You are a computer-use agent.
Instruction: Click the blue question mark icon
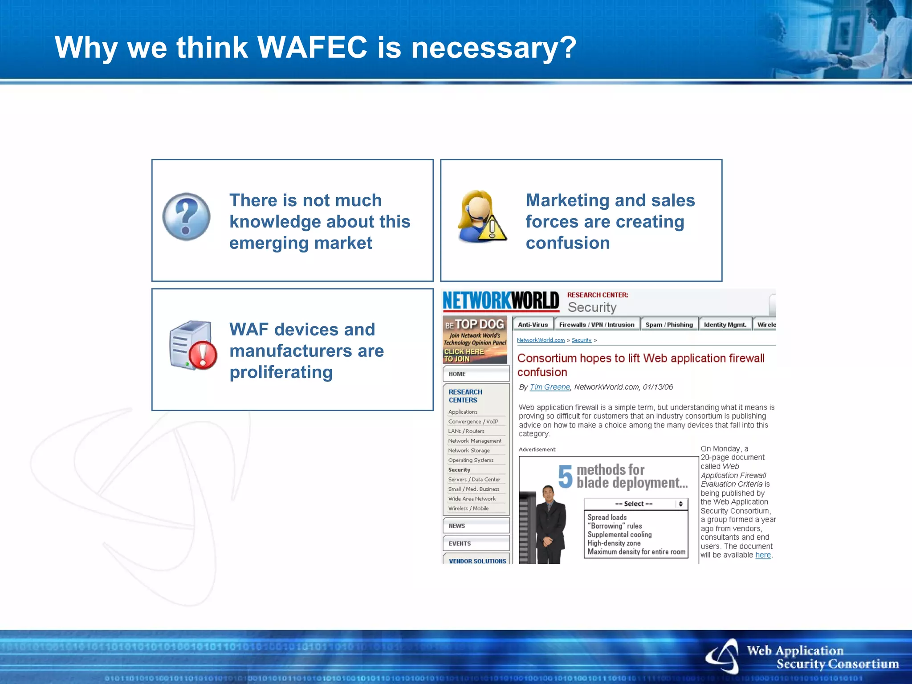[x=186, y=216]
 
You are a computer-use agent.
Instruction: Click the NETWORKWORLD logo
[x=501, y=301]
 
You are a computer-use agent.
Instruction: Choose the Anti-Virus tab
[x=533, y=325]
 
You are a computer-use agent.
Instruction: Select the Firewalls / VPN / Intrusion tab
[x=597, y=325]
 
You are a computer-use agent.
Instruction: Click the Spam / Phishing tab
[x=669, y=325]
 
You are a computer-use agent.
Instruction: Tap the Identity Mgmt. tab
[x=725, y=325]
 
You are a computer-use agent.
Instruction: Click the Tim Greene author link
[x=550, y=387]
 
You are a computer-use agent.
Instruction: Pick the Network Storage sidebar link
[x=468, y=451]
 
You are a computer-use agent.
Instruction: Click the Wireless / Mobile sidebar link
[x=468, y=509]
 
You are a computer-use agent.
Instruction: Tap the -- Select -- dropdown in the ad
[x=635, y=504]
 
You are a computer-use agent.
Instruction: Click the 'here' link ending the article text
[x=762, y=555]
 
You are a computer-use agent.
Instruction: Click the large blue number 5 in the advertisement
[x=565, y=476]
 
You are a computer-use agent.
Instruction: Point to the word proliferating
[x=281, y=373]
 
